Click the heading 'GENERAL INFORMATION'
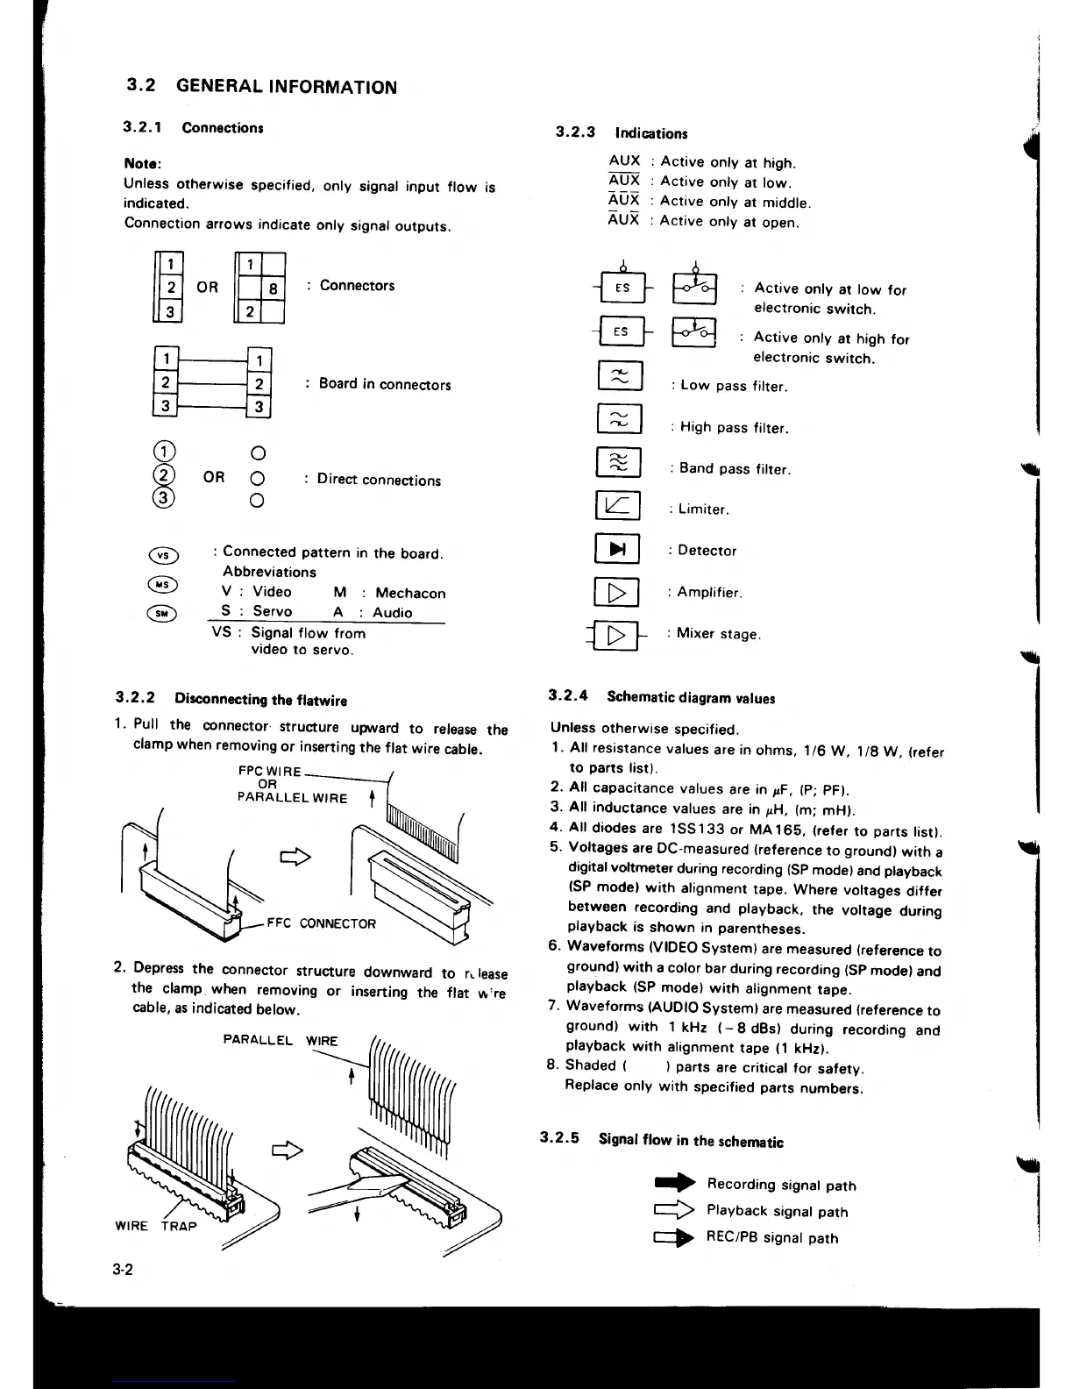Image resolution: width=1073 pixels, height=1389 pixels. point(286,87)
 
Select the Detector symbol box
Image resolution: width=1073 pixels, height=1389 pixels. point(618,549)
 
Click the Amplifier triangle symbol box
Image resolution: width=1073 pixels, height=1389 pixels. point(618,592)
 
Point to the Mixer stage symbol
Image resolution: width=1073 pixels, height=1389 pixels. point(618,634)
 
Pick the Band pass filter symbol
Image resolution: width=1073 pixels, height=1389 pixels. point(619,462)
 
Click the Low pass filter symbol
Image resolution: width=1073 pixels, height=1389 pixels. point(619,377)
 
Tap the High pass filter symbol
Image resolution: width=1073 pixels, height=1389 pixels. point(619,419)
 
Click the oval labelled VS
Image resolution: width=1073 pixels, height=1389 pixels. point(164,555)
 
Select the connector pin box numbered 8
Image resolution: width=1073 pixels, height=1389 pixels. point(274,287)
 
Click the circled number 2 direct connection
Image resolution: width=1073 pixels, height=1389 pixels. point(164,476)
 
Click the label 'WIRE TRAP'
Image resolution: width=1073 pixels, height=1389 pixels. point(156,1226)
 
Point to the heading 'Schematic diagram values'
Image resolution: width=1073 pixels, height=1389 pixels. point(691,698)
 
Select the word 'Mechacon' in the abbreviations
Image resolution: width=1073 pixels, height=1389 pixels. point(410,593)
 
